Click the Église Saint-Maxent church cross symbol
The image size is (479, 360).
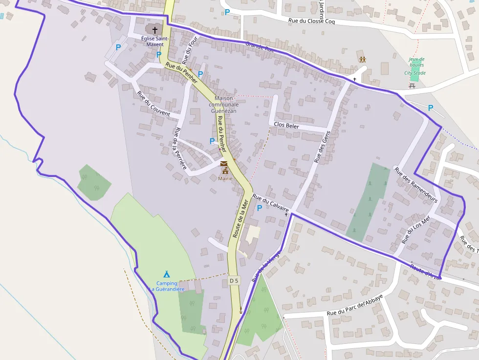tap(155, 30)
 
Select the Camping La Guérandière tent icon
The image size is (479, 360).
tap(167, 275)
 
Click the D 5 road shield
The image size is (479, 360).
tap(234, 280)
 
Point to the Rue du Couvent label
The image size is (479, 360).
tap(153, 104)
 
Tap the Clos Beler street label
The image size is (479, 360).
tap(286, 125)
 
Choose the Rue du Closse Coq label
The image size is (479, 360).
tap(311, 21)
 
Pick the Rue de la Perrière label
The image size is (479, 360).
tap(180, 148)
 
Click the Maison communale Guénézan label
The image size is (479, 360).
tap(224, 105)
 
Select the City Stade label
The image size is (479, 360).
tap(415, 73)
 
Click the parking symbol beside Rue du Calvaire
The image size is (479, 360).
tap(260, 208)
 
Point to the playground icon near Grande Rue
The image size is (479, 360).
tap(363, 59)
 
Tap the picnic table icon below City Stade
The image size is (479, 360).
tap(412, 86)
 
